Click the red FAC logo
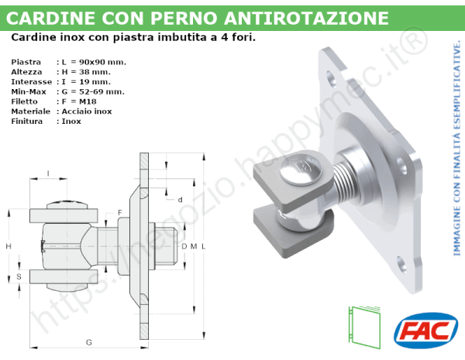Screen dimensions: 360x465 click(425, 328)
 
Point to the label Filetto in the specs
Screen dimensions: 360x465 click(26, 101)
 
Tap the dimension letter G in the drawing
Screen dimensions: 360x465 click(89, 341)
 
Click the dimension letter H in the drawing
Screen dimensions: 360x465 click(8, 245)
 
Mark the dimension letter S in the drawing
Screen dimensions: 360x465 click(19, 276)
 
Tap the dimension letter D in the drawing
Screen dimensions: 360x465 click(184, 246)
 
